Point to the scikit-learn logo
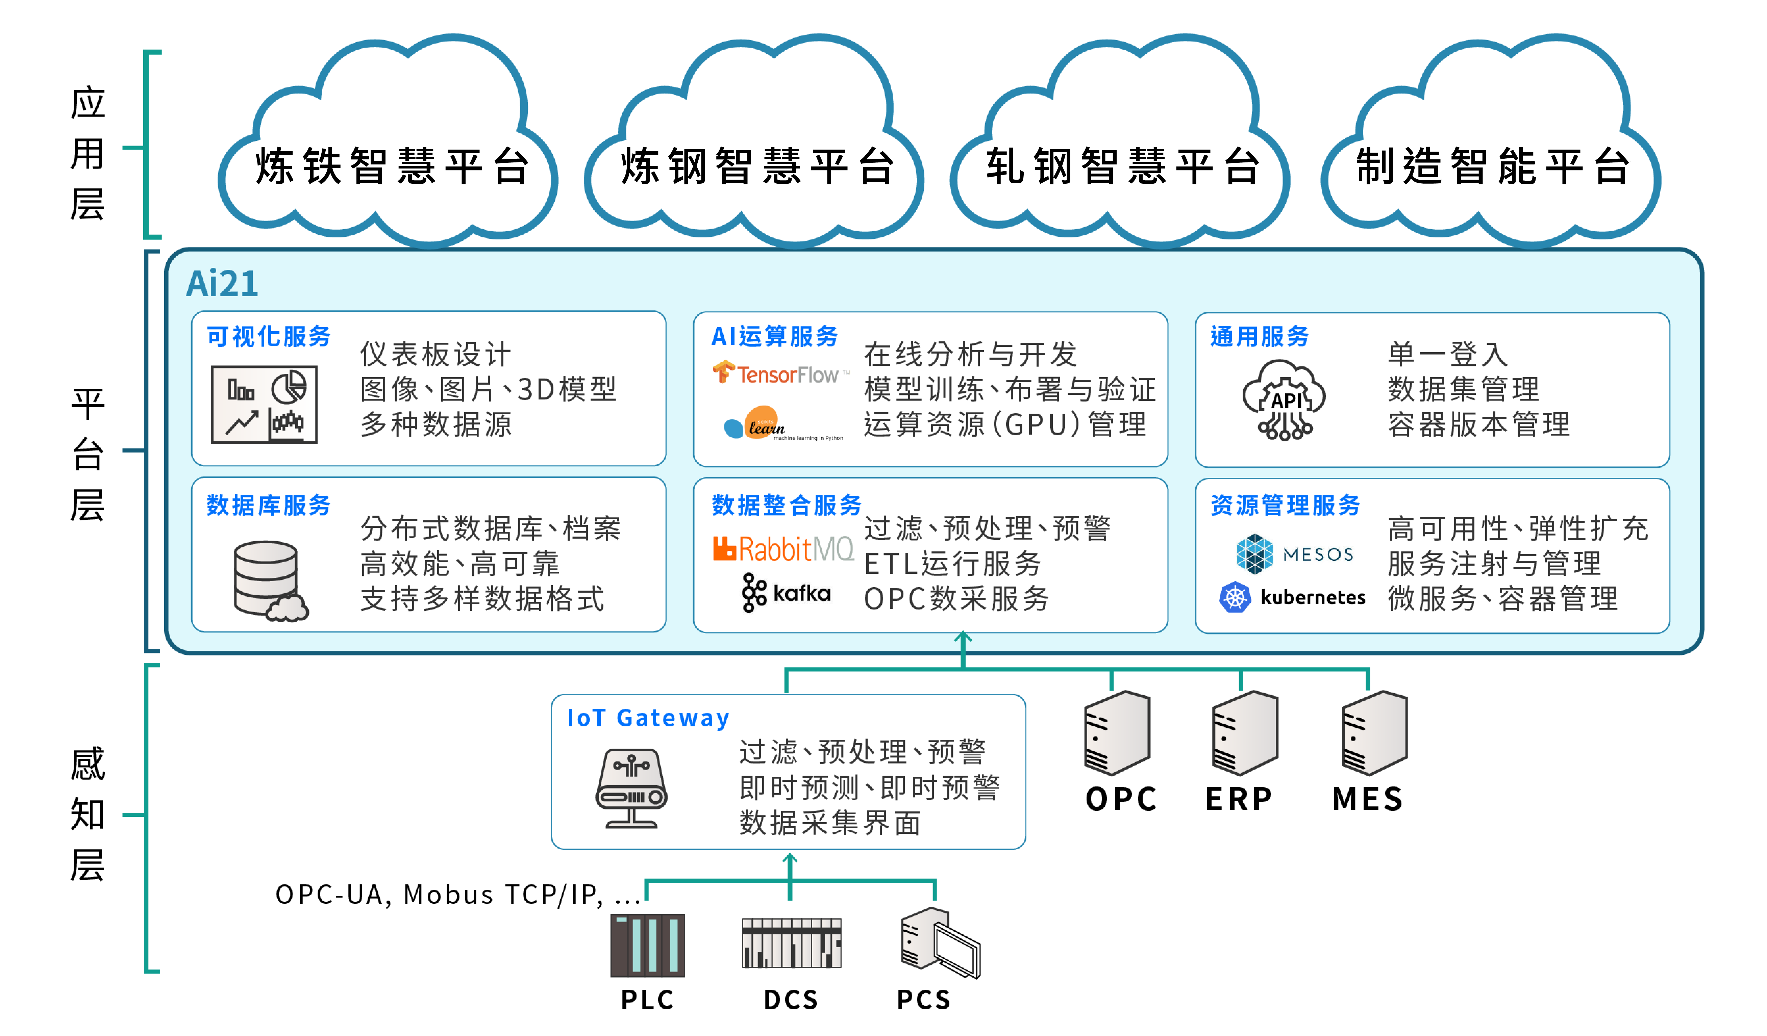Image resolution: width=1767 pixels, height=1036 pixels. tap(782, 423)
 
